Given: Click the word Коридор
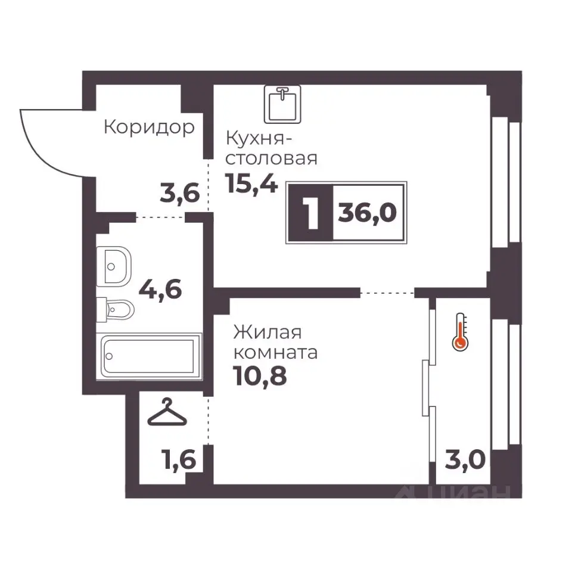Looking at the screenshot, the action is (x=149, y=128).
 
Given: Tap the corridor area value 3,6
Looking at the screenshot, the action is (x=180, y=193).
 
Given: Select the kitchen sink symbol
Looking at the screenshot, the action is (x=282, y=104).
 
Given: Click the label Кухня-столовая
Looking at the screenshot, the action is (x=272, y=148).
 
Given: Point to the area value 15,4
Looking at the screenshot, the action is (x=252, y=183).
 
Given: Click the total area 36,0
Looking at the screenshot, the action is (x=368, y=213).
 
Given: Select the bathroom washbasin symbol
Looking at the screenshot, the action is (x=113, y=266).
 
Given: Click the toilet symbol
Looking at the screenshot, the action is (x=115, y=310).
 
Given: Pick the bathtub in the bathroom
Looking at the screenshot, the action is (x=149, y=356).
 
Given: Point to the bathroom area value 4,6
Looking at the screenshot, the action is (x=160, y=290).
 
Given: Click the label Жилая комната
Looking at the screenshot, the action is (x=275, y=343).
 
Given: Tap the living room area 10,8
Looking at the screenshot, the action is (x=260, y=376).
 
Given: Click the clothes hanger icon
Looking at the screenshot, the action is (x=167, y=412).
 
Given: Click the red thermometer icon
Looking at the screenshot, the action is (x=461, y=332).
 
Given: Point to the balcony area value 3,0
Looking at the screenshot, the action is (x=465, y=459).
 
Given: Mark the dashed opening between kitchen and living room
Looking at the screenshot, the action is (x=387, y=293).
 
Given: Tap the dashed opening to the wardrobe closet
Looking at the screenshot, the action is (x=209, y=421).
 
